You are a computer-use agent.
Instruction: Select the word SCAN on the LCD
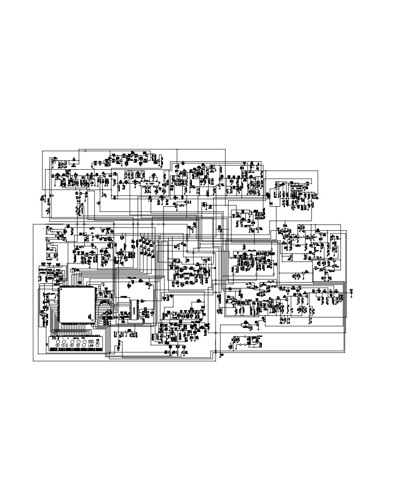pyautogui.click(x=76, y=339)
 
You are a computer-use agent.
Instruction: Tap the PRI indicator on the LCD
pyautogui.click(x=83, y=339)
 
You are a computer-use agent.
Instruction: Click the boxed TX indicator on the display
pyautogui.click(x=91, y=342)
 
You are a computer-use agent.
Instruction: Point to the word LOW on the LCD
pyautogui.click(x=91, y=346)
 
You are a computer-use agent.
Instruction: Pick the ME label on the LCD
pyautogui.click(x=98, y=340)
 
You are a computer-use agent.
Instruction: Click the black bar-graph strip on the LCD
pyautogui.click(x=76, y=349)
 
